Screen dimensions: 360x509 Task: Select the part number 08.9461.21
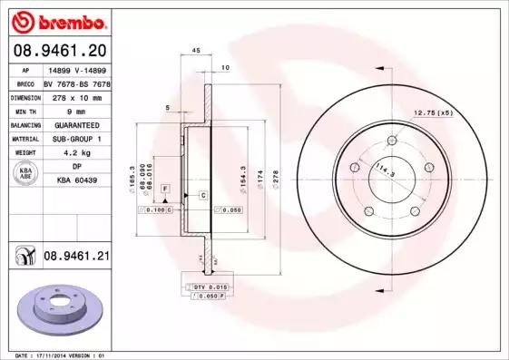[x=77, y=257]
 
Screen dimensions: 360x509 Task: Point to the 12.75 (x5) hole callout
[x=434, y=113]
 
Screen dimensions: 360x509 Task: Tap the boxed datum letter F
[x=165, y=187]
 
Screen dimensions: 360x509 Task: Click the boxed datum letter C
[x=202, y=196]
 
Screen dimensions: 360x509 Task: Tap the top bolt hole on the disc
[x=392, y=141]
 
